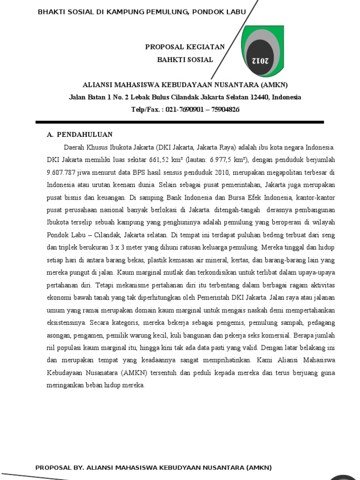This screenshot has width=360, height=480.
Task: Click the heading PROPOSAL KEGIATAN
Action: coord(185,47)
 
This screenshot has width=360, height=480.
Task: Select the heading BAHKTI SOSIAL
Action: coord(185,60)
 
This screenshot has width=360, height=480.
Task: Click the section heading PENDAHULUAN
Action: coord(85,135)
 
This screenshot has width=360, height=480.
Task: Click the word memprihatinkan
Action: coord(221,360)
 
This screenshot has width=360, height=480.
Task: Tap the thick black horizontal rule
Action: coord(180,122)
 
